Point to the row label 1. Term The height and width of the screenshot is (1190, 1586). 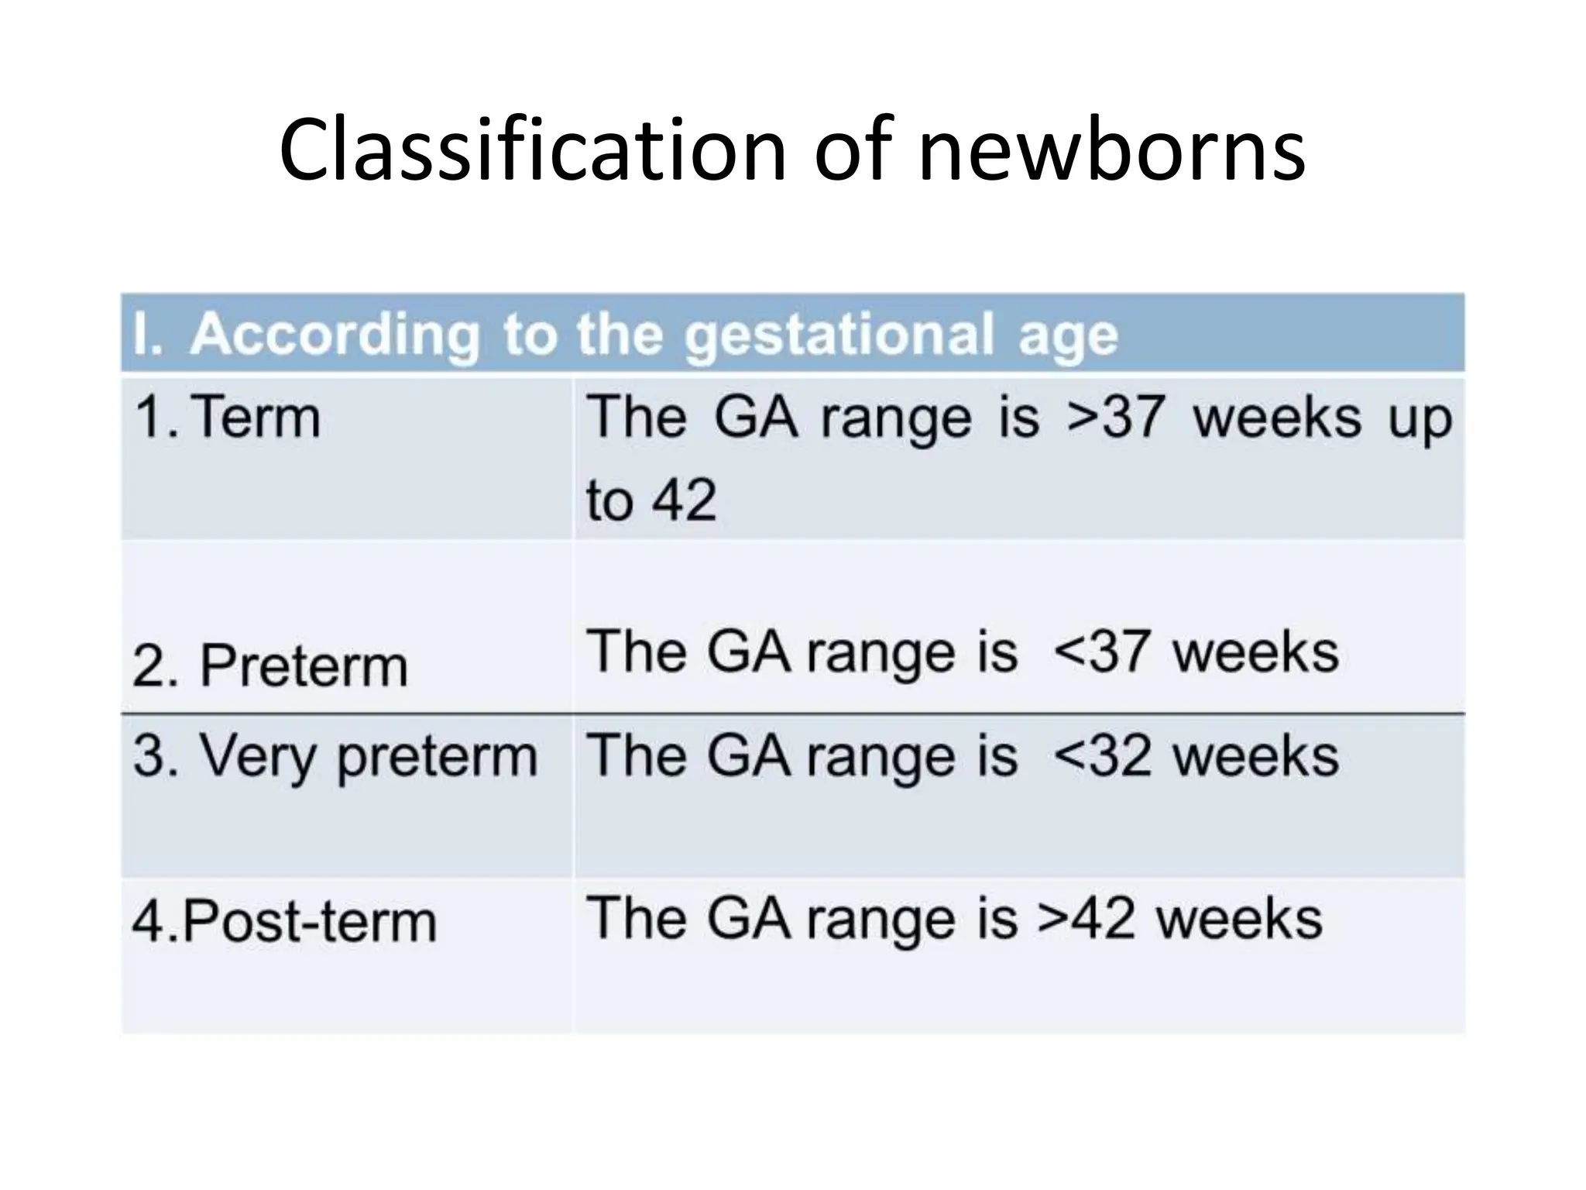pos(227,418)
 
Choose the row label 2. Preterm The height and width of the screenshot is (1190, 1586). pos(269,666)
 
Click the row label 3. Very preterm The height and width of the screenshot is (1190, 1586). pos(335,755)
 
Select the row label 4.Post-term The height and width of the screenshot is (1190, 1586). pos(284,922)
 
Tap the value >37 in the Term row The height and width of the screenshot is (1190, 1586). pos(1115,418)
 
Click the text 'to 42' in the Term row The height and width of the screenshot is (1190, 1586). pos(651,500)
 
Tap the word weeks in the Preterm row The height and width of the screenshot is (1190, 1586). pos(1255,652)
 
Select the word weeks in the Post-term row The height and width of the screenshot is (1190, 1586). pos(1238,919)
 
